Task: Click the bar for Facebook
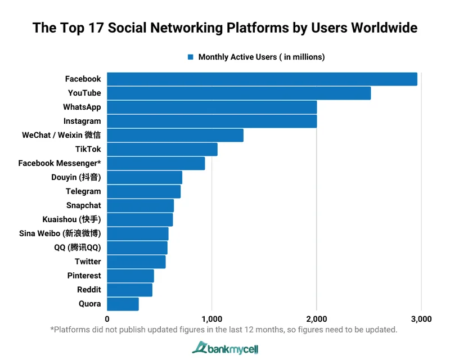click(x=262, y=79)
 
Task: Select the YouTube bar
click(x=238, y=93)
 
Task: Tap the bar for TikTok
click(x=162, y=149)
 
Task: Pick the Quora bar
click(x=123, y=304)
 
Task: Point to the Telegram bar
click(x=143, y=191)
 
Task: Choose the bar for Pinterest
click(x=130, y=276)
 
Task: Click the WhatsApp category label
click(x=82, y=107)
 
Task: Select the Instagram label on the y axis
click(x=82, y=121)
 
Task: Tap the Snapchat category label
click(x=83, y=205)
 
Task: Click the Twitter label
click(x=88, y=262)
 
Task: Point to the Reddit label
click(x=89, y=290)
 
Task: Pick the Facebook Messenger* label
click(x=60, y=163)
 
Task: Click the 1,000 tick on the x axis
click(x=211, y=319)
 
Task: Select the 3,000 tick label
click(x=421, y=319)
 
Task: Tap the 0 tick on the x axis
click(x=107, y=319)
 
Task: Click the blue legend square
click(x=191, y=57)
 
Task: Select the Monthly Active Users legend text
click(x=262, y=57)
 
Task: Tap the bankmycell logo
click(x=225, y=348)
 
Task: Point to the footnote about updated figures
click(x=224, y=330)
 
